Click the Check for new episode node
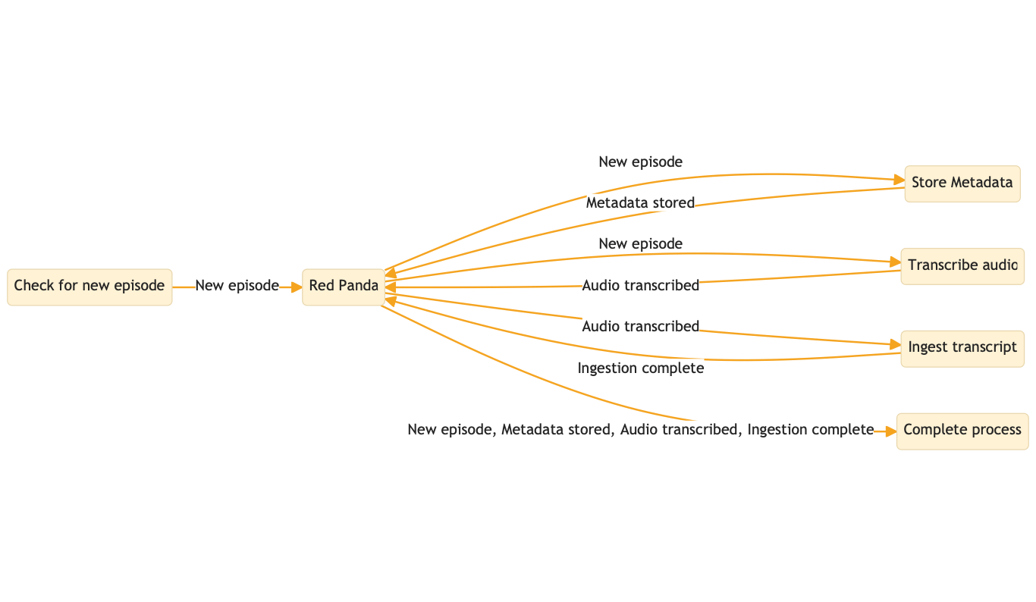tap(89, 287)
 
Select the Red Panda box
tap(344, 287)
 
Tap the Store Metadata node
tap(962, 183)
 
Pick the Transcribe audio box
tap(962, 266)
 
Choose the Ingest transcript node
tap(962, 348)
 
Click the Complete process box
tap(962, 431)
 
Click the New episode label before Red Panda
tap(237, 286)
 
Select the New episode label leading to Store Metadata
tap(641, 161)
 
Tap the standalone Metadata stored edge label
tap(641, 203)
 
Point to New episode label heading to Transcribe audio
tap(641, 244)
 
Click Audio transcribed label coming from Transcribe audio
tap(641, 286)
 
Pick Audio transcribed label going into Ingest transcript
tap(641, 327)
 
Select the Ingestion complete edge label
tap(641, 368)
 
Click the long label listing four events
tap(641, 430)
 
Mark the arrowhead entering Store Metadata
tap(899, 180)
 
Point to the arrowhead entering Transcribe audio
tap(895, 263)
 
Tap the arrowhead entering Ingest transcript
tap(895, 345)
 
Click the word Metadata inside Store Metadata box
tap(981, 183)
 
